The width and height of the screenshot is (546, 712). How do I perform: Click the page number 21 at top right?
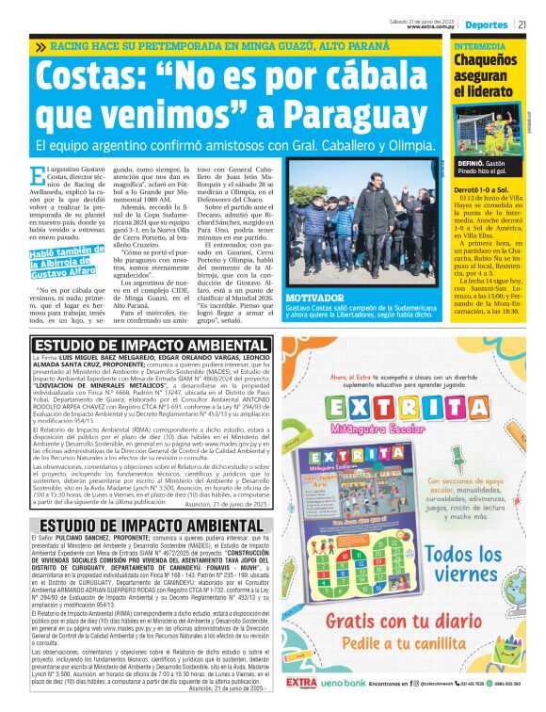[x=522, y=24]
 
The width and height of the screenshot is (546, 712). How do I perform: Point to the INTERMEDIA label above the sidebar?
[x=479, y=45]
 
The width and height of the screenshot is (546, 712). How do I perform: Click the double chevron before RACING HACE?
[x=40, y=46]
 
